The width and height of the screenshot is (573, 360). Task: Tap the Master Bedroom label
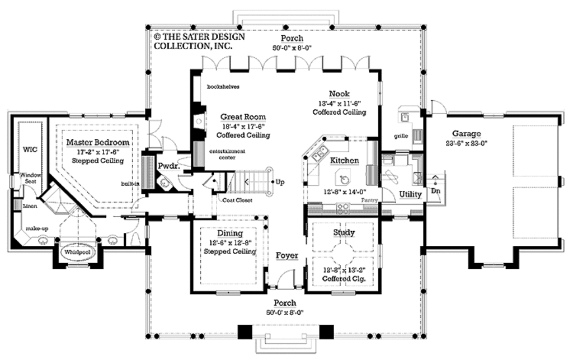click(x=98, y=143)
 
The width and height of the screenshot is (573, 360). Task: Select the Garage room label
click(x=467, y=134)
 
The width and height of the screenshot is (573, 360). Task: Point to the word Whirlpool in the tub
click(x=76, y=252)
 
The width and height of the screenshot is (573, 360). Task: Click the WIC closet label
click(x=29, y=149)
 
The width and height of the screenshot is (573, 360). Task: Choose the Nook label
click(x=340, y=93)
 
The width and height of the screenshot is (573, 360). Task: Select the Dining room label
click(x=230, y=233)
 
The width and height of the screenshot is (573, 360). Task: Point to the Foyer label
click(x=286, y=256)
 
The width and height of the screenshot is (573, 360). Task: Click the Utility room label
click(x=410, y=194)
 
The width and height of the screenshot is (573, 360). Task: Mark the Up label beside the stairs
click(x=280, y=182)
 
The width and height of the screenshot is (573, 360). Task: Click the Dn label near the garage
click(x=436, y=191)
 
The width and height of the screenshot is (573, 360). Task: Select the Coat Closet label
click(x=237, y=200)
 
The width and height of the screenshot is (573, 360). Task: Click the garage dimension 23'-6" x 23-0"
click(x=467, y=143)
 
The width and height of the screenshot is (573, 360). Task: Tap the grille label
click(x=400, y=136)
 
